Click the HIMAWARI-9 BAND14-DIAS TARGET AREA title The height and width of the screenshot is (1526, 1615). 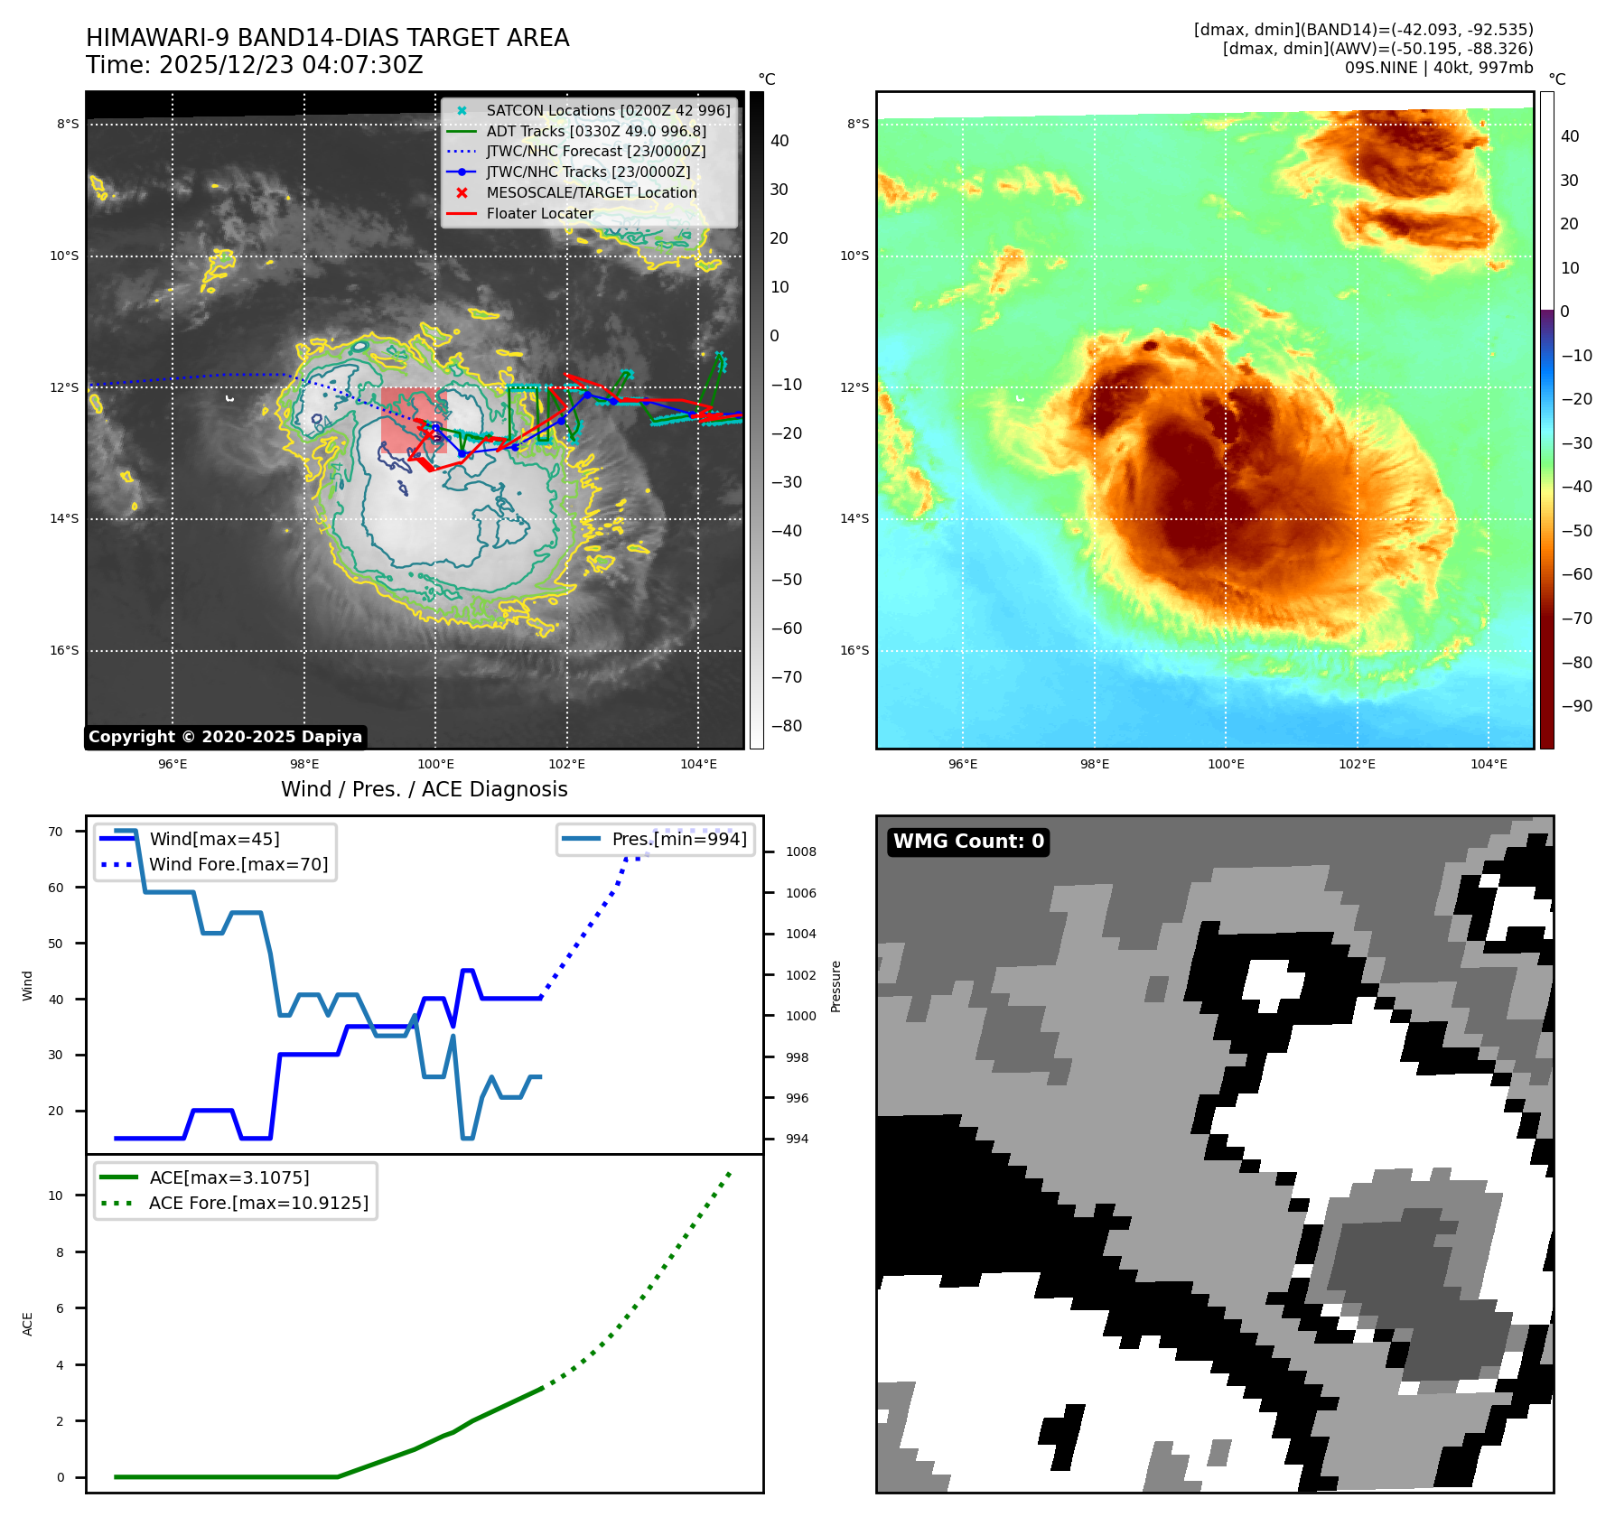click(x=327, y=38)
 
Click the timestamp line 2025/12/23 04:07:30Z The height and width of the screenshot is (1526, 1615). click(x=254, y=65)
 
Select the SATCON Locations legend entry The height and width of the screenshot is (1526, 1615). click(x=607, y=110)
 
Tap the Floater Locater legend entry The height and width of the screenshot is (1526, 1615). click(x=539, y=213)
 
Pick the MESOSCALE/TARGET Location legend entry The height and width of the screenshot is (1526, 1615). click(x=591, y=192)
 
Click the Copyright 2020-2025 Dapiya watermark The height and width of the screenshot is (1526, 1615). click(x=225, y=737)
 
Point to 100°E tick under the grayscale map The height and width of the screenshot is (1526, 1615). click(x=435, y=765)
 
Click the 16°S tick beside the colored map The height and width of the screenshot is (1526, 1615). click(x=854, y=650)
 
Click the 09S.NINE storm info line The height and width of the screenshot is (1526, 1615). click(x=1438, y=68)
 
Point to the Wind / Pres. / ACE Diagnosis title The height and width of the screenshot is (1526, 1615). click(x=424, y=789)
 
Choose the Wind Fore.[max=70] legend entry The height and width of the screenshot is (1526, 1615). click(x=238, y=864)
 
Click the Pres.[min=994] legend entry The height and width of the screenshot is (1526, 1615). click(x=678, y=839)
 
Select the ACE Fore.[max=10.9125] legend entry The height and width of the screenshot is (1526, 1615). click(x=258, y=1203)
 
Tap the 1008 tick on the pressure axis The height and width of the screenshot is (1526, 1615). click(x=800, y=851)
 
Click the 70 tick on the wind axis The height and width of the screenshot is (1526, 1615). click(x=56, y=832)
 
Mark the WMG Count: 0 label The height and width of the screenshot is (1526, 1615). click(x=968, y=842)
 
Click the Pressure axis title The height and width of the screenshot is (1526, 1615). click(x=836, y=986)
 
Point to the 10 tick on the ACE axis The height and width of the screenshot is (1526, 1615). click(x=56, y=1196)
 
